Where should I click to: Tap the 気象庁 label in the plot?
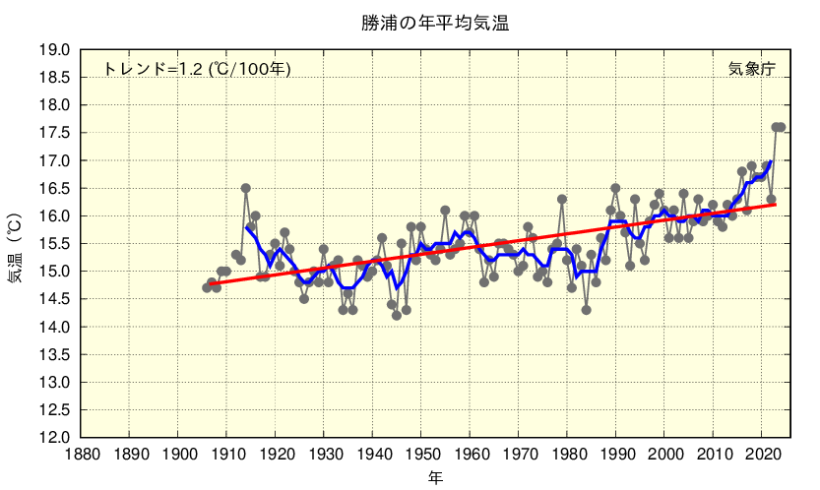751,69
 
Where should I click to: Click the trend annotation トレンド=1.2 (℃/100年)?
197,69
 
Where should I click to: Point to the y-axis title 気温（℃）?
17,244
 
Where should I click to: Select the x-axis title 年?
434,478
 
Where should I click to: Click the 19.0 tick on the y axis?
54,49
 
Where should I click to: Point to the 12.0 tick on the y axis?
54,437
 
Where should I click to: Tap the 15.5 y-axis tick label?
54,243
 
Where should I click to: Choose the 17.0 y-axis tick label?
54,160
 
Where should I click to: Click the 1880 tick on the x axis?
81,455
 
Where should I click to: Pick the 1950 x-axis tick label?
421,455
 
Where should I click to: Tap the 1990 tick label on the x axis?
616,455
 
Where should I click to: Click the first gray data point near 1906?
207,287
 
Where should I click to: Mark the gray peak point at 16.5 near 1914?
246,188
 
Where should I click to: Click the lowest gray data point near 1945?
397,315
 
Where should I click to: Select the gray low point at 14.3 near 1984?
587,310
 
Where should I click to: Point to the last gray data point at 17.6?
781,127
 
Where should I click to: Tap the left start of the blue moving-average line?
247,227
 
